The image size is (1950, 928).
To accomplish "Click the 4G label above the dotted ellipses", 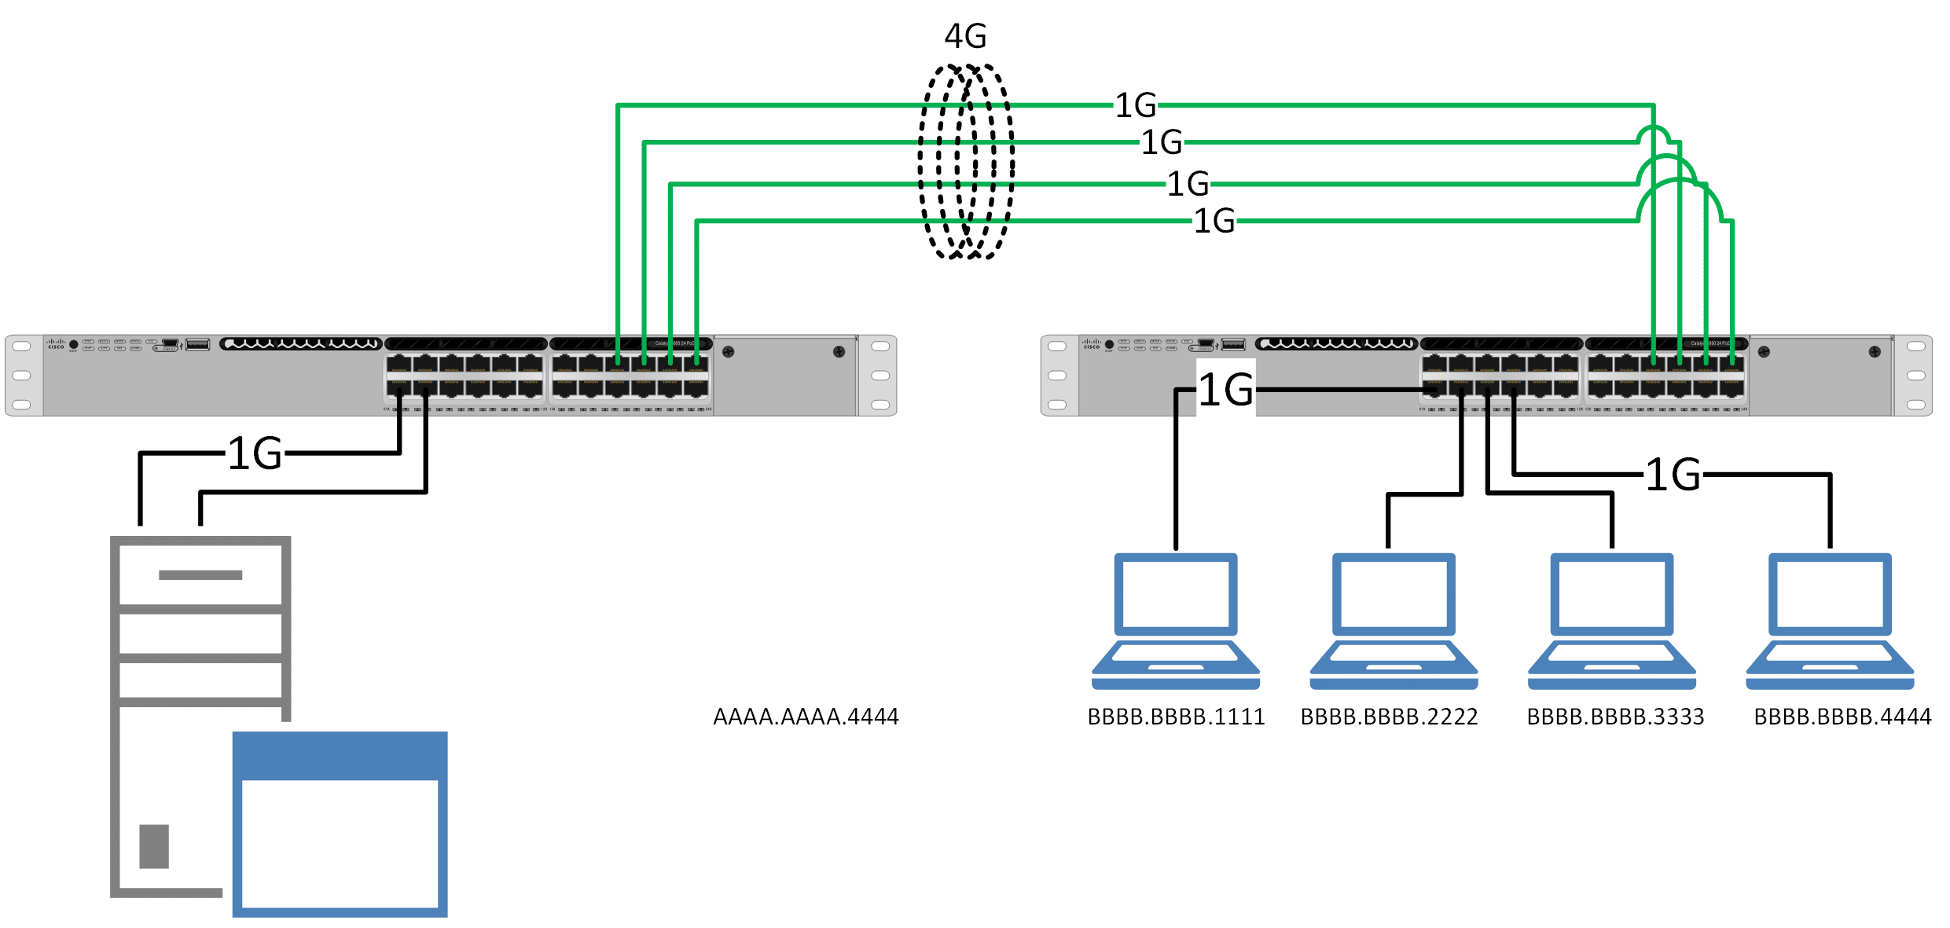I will [x=965, y=36].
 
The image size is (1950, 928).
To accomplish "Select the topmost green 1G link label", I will [x=1136, y=105].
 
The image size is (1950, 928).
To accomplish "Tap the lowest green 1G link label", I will [x=1214, y=221].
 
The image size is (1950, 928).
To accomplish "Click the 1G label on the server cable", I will [x=255, y=453].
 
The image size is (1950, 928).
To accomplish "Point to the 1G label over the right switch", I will [x=1225, y=390].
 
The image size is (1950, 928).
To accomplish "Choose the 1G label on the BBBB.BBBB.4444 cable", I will [x=1673, y=475].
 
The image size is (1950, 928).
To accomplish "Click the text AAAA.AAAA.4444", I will [x=806, y=717].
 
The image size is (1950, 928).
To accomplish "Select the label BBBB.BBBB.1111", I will [x=1176, y=717].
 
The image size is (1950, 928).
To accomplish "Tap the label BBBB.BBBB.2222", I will [x=1389, y=717].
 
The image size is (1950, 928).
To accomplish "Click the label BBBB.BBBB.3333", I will [x=1615, y=717].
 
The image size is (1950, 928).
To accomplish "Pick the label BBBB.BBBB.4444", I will [x=1842, y=717].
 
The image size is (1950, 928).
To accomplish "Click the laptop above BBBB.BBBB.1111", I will [x=1176, y=621].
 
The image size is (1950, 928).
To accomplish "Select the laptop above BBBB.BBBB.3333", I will [x=1612, y=621].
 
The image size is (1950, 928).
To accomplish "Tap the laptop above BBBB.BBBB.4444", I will [x=1830, y=621].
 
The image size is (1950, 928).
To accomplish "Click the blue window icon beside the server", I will [x=340, y=823].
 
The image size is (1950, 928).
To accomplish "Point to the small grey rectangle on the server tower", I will [x=154, y=846].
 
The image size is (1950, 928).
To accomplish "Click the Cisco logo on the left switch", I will [x=55, y=344].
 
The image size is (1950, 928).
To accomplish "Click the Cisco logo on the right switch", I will [x=1091, y=344].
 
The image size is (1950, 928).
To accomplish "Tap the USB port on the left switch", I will [x=197, y=344].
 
